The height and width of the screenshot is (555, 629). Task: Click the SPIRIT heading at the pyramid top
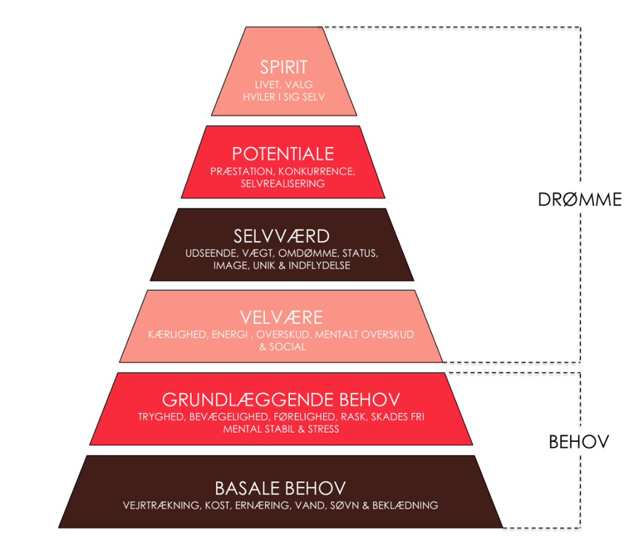(x=283, y=67)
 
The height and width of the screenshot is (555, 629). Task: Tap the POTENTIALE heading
(x=283, y=154)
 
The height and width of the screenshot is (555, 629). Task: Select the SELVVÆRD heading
(x=281, y=236)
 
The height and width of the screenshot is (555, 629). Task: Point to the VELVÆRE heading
(x=281, y=318)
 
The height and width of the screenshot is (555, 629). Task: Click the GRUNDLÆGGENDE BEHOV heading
(x=281, y=400)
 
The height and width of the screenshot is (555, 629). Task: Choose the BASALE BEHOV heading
(x=280, y=489)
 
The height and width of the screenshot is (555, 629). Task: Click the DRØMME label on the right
(x=580, y=200)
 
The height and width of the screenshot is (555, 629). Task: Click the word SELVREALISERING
(x=283, y=183)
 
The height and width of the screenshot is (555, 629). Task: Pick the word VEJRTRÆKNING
(x=162, y=506)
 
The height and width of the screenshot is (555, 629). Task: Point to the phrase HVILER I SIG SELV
(x=283, y=96)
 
